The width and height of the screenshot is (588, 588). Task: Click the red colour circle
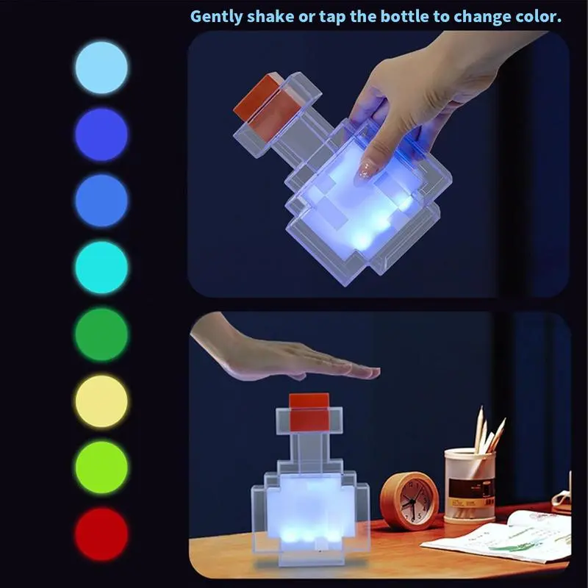pos(101,534)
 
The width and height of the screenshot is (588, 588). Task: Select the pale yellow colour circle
pos(101,401)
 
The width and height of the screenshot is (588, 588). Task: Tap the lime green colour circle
pos(101,467)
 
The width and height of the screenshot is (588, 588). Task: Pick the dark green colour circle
pos(101,334)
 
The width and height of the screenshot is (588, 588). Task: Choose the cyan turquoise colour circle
pos(101,268)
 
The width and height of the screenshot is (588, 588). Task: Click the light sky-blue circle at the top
pos(101,68)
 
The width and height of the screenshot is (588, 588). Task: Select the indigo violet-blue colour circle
pos(101,135)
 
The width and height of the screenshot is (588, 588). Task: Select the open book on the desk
pos(499,538)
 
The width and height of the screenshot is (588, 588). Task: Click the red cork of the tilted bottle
pos(267,102)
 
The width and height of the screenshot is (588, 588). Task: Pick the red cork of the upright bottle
pos(309,412)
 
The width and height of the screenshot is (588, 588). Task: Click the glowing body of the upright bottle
pos(310,509)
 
